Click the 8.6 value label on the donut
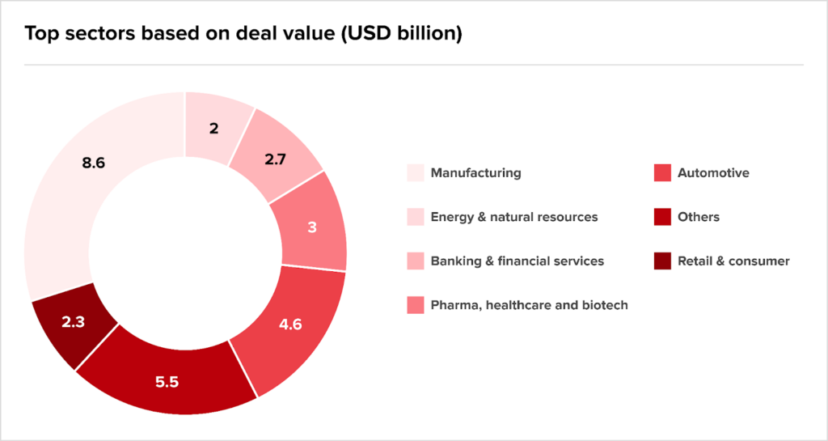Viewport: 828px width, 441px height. (94, 163)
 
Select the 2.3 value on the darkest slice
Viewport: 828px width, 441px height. (73, 320)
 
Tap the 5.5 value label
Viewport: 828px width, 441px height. (167, 382)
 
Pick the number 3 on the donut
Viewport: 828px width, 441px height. (312, 227)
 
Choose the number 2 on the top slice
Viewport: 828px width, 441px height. (213, 129)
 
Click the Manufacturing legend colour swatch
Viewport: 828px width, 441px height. (415, 173)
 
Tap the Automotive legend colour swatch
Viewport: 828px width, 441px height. (662, 173)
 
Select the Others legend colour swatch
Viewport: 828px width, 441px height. (662, 217)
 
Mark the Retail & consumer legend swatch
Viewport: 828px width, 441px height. (662, 261)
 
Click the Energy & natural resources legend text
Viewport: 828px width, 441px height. (514, 217)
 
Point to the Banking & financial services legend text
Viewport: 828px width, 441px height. (517, 261)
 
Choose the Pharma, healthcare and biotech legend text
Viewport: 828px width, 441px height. (529, 305)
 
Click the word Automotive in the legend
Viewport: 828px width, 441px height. (713, 173)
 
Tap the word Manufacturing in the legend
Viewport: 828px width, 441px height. (475, 173)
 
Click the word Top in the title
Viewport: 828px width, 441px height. (41, 35)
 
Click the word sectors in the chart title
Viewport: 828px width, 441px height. (95, 35)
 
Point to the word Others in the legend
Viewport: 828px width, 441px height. (699, 217)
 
